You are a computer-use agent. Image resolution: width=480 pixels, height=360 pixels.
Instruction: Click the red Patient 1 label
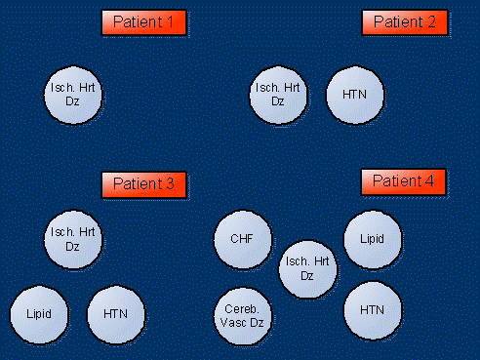pos(144,22)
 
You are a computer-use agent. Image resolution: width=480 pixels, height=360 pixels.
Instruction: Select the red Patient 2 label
pos(404,22)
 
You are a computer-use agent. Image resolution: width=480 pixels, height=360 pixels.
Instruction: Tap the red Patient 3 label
pos(144,183)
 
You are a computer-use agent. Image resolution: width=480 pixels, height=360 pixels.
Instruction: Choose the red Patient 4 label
pos(404,181)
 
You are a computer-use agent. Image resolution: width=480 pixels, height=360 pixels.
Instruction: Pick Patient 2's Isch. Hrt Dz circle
pos(278,95)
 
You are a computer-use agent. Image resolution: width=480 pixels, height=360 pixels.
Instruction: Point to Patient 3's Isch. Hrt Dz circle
pos(73,239)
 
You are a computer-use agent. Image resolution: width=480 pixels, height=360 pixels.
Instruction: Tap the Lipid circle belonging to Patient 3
pos(39,314)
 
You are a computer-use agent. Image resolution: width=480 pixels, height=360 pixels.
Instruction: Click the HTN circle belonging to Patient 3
pos(116,314)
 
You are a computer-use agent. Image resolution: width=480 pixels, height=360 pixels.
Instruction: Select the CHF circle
pos(242,238)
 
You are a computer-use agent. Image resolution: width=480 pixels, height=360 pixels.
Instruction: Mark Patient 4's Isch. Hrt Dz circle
pos(307,268)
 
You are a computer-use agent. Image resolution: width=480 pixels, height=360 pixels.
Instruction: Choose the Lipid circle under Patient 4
pos(373,238)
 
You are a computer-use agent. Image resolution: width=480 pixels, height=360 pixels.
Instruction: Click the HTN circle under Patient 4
pos(373,309)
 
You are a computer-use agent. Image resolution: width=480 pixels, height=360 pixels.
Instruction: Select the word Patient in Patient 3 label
pos(136,183)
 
